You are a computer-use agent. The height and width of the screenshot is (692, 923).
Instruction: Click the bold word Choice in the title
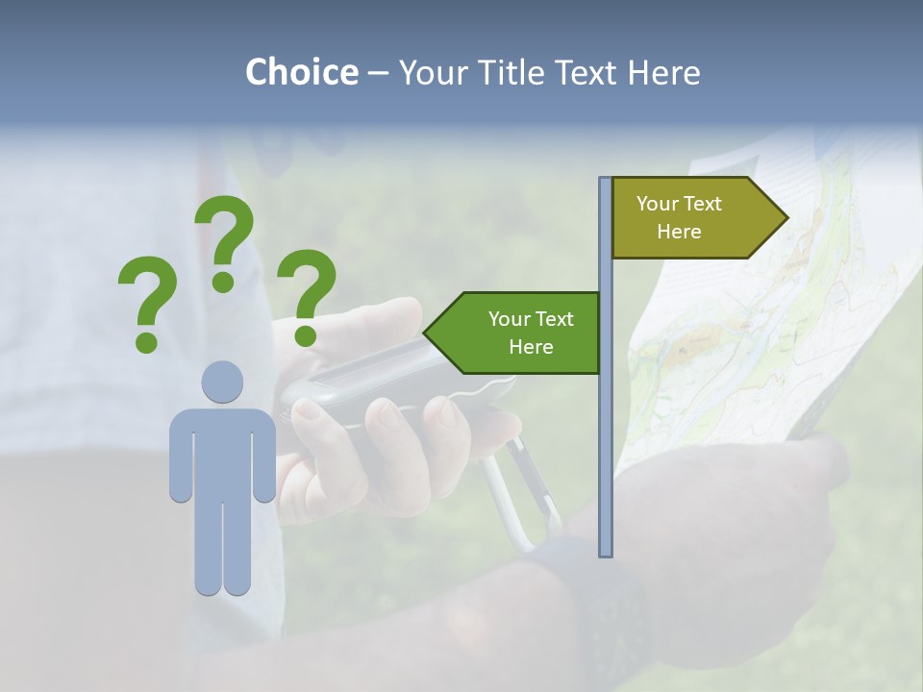pyautogui.click(x=301, y=72)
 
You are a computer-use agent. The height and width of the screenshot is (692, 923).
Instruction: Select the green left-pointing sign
pyautogui.click(x=519, y=333)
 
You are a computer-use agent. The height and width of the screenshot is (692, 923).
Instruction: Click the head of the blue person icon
pyautogui.click(x=222, y=383)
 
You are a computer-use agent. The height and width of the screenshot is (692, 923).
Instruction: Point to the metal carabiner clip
pyautogui.click(x=519, y=490)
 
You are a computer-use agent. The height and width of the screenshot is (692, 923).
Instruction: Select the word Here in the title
pyautogui.click(x=663, y=72)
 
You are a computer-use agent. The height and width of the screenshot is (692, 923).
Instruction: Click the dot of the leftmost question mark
pyautogui.click(x=146, y=341)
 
